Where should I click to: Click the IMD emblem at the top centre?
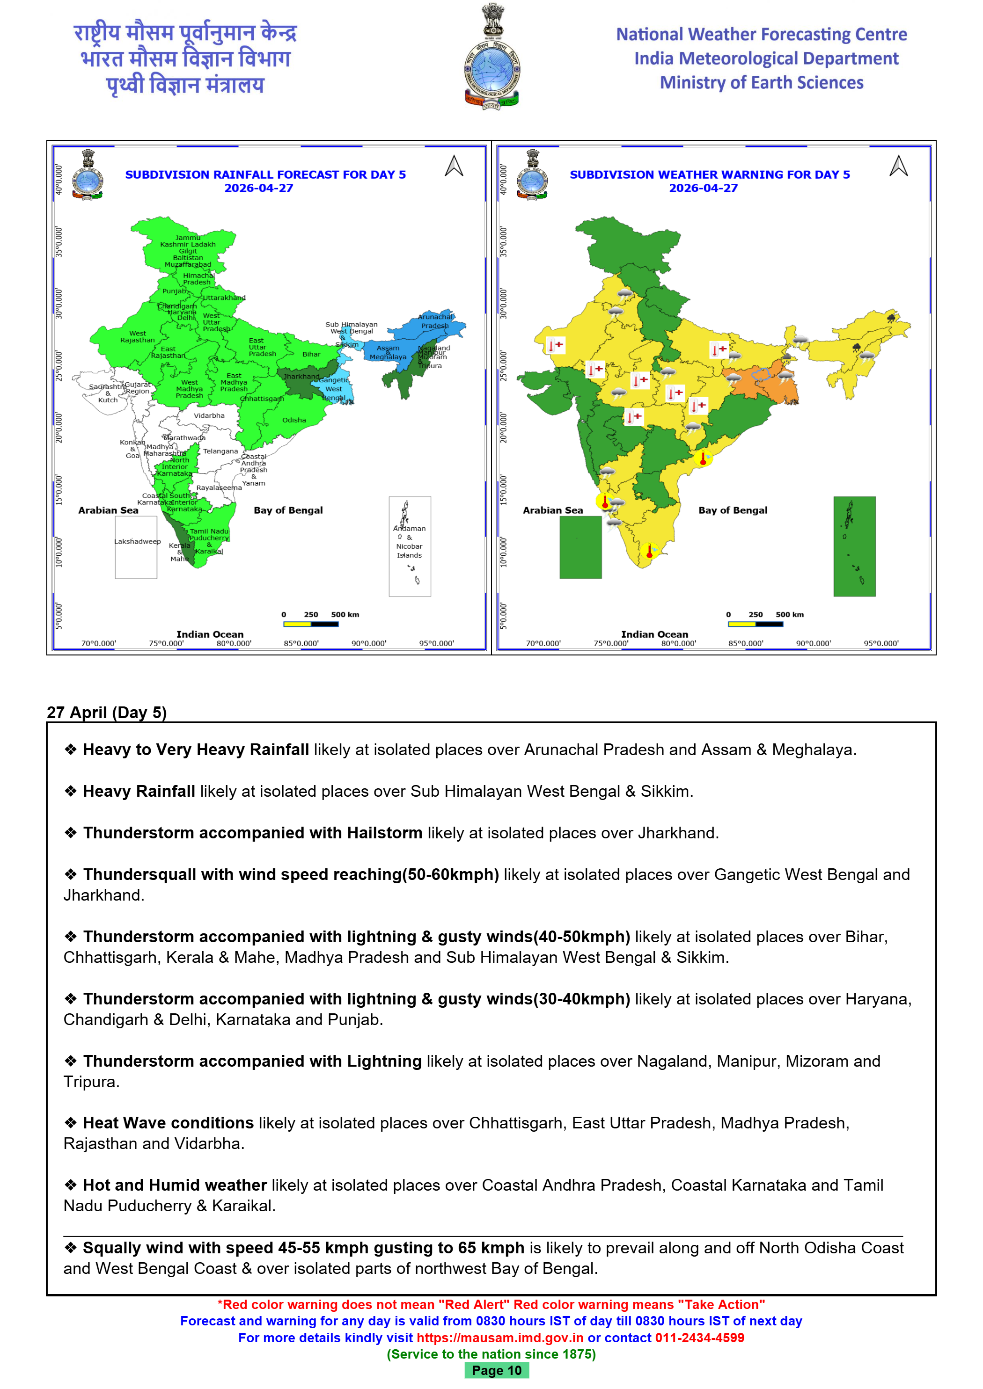(x=491, y=58)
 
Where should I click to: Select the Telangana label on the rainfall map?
(x=220, y=451)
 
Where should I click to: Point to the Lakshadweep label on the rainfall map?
(x=138, y=541)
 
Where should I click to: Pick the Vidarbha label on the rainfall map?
(x=209, y=415)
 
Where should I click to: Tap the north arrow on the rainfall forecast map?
(x=454, y=167)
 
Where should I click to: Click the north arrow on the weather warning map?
(x=898, y=167)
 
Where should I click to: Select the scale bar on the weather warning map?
(x=756, y=624)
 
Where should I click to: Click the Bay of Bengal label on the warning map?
(x=733, y=510)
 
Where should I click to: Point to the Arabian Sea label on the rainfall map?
(x=108, y=510)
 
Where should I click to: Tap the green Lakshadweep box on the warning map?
(x=580, y=547)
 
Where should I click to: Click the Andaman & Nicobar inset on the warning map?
(x=854, y=546)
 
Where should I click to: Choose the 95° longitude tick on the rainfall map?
(x=436, y=644)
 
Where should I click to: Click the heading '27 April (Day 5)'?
(x=107, y=713)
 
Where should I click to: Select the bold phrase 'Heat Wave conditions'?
(x=168, y=1123)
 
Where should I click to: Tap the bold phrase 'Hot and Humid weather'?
(x=175, y=1185)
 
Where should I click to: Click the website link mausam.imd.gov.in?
(x=499, y=1338)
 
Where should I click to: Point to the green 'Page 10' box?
(x=496, y=1370)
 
